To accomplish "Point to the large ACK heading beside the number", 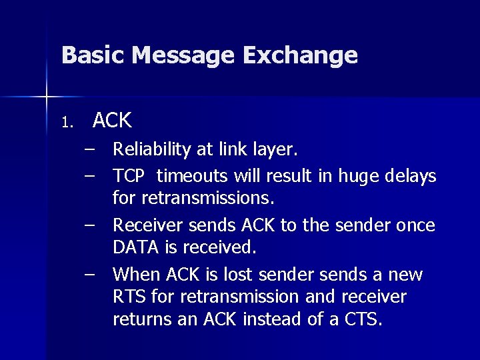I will [112, 121].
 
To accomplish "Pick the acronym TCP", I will [129, 176].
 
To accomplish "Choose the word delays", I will [411, 177].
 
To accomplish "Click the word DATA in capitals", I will [134, 248].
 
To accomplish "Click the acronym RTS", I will [128, 297].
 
